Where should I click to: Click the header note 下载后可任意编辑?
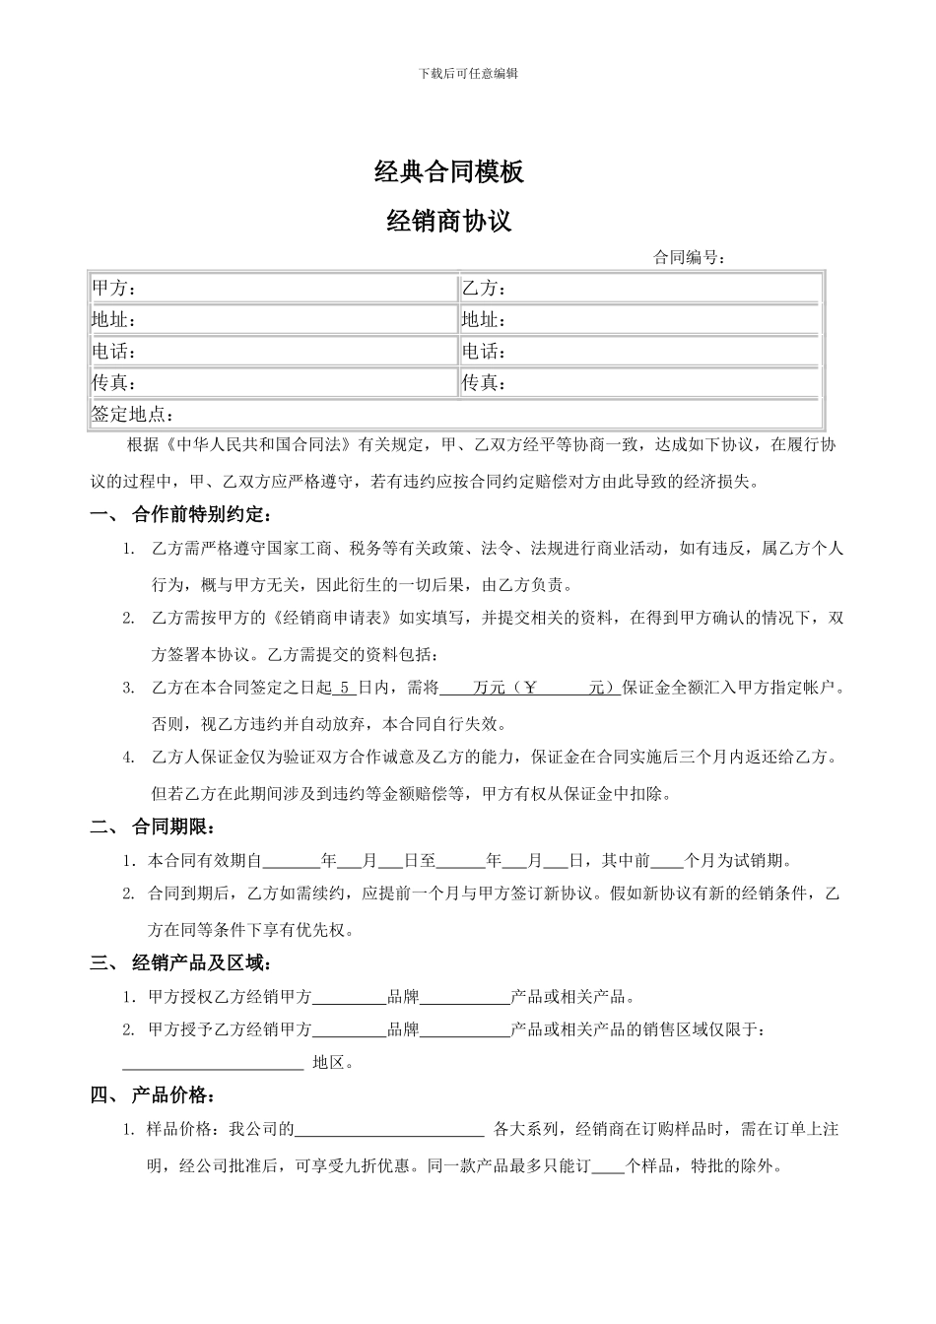point(468,73)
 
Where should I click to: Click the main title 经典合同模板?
point(449,171)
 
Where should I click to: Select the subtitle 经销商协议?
point(449,221)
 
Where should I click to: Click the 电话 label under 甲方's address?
point(114,352)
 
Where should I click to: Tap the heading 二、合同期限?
point(153,826)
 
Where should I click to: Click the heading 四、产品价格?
point(153,1094)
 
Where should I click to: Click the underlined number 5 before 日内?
point(345,688)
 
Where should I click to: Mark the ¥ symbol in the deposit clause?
point(532,688)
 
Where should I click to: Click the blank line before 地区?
point(213,1063)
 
